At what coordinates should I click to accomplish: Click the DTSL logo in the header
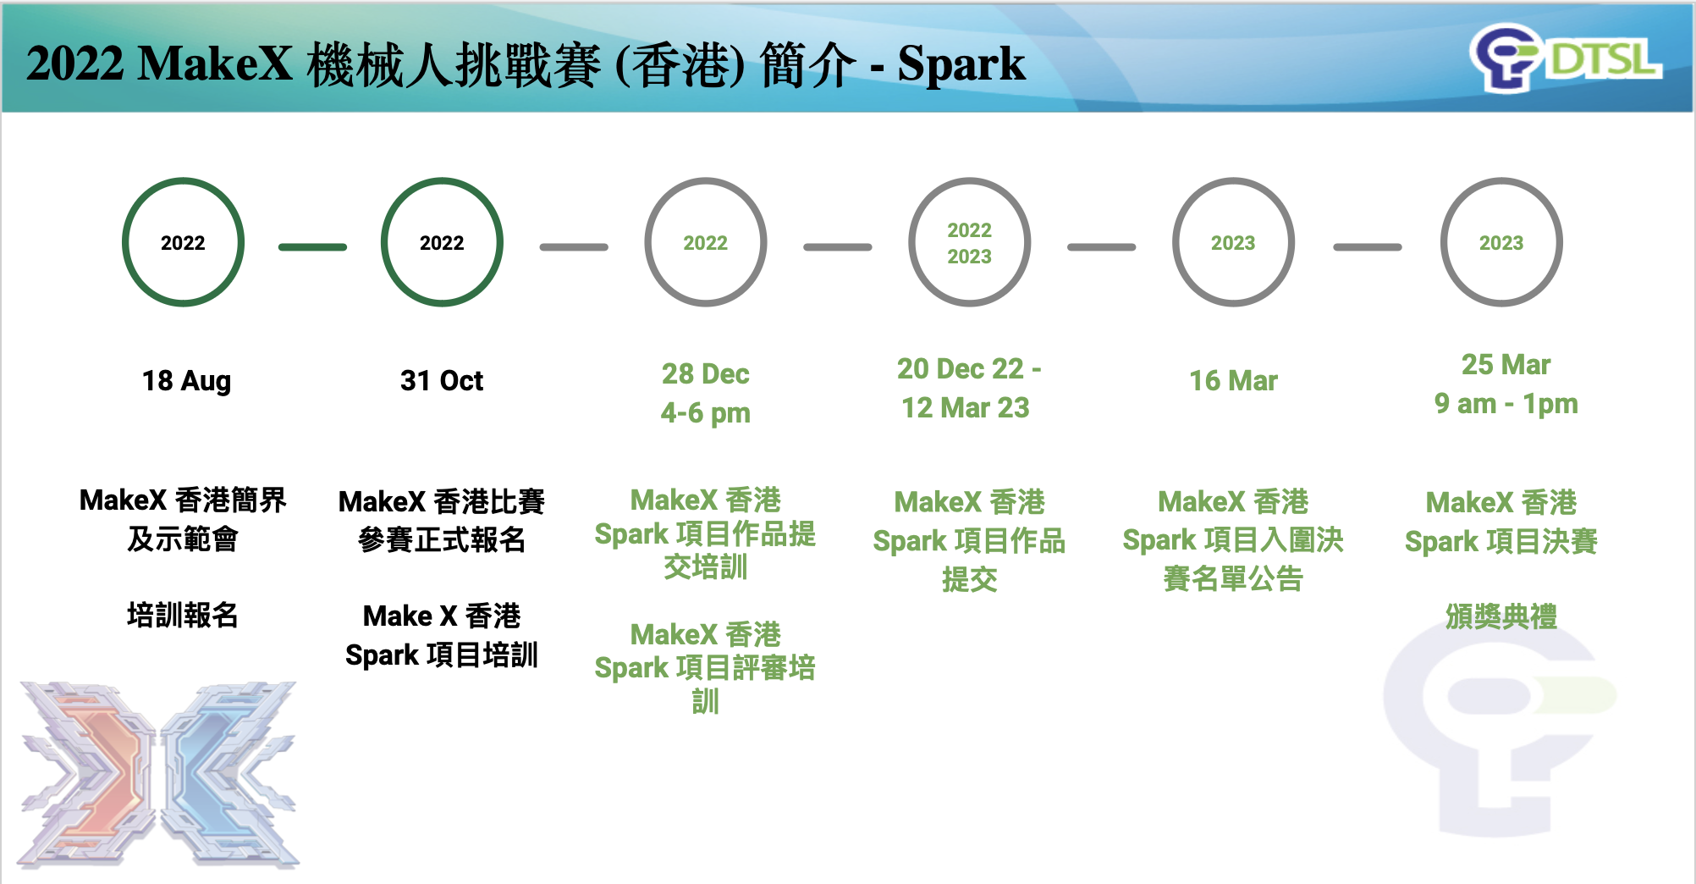pos(1566,58)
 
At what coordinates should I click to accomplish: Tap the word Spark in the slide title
pos(961,64)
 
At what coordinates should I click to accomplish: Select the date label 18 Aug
pos(186,381)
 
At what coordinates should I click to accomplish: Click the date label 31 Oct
pos(442,381)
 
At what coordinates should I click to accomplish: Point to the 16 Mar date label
pos(1233,381)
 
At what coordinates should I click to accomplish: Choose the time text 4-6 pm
pos(706,413)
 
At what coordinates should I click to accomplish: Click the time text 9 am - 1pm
pos(1506,404)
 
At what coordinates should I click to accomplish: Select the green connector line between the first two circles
pos(312,247)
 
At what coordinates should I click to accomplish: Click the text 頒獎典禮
pos(1501,616)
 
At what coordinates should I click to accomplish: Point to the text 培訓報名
pos(183,615)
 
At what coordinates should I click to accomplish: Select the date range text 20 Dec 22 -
pos(969,369)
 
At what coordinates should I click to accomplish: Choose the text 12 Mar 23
pos(966,408)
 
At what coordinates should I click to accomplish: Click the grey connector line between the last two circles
pos(1368,247)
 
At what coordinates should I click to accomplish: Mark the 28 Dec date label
pos(706,374)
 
